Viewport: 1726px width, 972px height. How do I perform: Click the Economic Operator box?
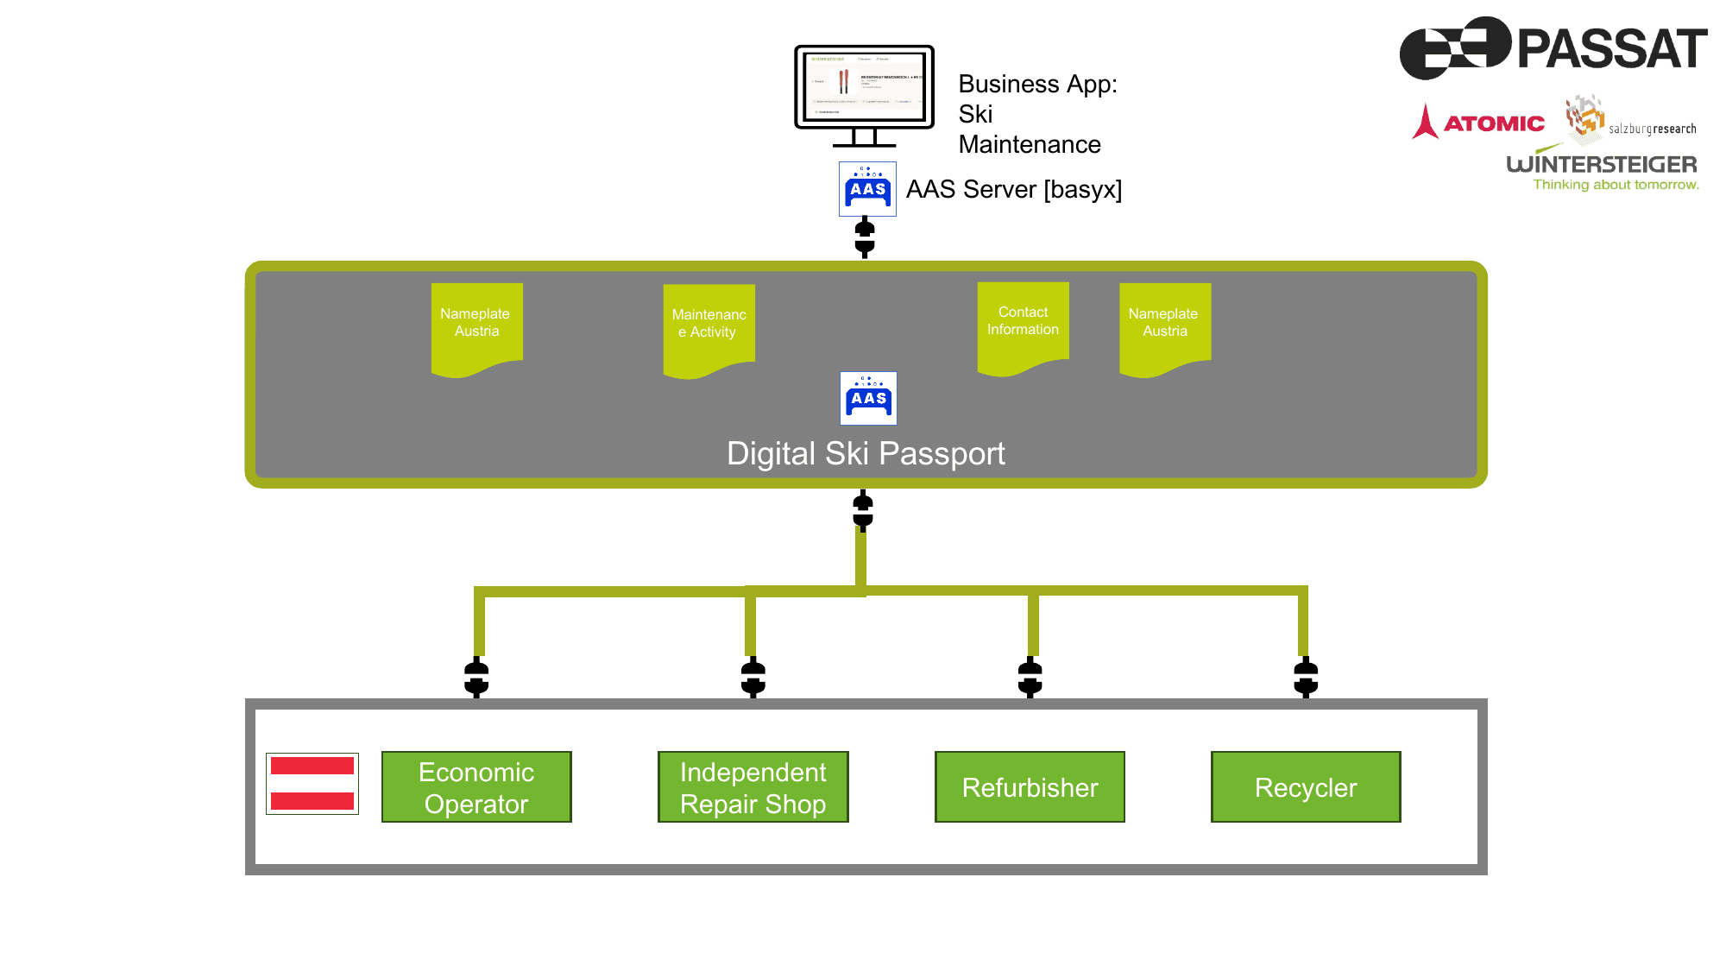pyautogui.click(x=476, y=786)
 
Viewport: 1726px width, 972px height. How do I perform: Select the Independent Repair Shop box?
pyautogui.click(x=753, y=786)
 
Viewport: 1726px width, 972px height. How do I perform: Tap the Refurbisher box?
pyautogui.click(x=1030, y=786)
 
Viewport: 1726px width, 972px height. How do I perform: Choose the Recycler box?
pyautogui.click(x=1306, y=786)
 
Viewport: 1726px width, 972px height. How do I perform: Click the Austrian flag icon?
pyautogui.click(x=312, y=783)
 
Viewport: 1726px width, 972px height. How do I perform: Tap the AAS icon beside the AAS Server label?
pyautogui.click(x=867, y=189)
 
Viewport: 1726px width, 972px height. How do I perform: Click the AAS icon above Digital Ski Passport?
pyautogui.click(x=868, y=398)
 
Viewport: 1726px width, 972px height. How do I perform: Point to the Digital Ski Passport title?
pyautogui.click(x=866, y=453)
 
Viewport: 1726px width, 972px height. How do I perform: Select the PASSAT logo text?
pyautogui.click(x=1611, y=48)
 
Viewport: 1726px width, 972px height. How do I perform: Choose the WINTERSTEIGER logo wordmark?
pyautogui.click(x=1601, y=164)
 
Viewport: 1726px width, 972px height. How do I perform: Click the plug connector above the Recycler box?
pyautogui.click(x=1306, y=677)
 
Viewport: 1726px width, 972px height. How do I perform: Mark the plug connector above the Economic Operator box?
pyautogui.click(x=476, y=677)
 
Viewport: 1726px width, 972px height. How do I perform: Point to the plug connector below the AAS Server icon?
pyautogui.click(x=865, y=237)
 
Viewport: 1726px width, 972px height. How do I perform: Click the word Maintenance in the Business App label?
pyautogui.click(x=1030, y=144)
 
